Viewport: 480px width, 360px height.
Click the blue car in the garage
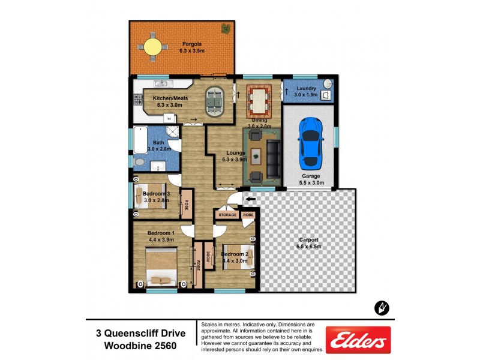coord(310,142)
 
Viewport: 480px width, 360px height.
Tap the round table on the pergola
coord(152,46)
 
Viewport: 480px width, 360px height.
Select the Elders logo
coord(358,340)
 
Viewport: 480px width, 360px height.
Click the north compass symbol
coord(382,308)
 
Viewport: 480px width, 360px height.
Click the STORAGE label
coord(227,214)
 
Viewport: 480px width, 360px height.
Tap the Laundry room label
coord(306,89)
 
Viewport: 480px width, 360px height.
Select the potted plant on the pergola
coord(226,28)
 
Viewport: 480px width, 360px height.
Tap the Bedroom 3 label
coord(156,193)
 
